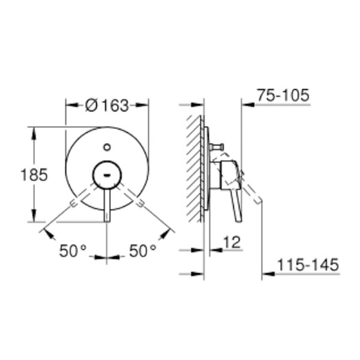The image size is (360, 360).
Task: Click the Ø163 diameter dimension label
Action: pos(107,106)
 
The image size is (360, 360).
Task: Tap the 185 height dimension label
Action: pos(34,175)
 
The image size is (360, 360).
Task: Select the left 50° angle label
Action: pos(73,250)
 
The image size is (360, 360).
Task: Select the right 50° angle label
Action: pos(143,250)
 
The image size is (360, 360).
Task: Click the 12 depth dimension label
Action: pos(232,242)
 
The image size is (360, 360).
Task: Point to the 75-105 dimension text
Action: pos(283,95)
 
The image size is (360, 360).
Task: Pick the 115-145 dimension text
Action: pos(308,265)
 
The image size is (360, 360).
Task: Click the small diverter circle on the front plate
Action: pos(107,147)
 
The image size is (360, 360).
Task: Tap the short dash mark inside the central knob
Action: pos(107,176)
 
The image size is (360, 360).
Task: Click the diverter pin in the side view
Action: pos(216,146)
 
